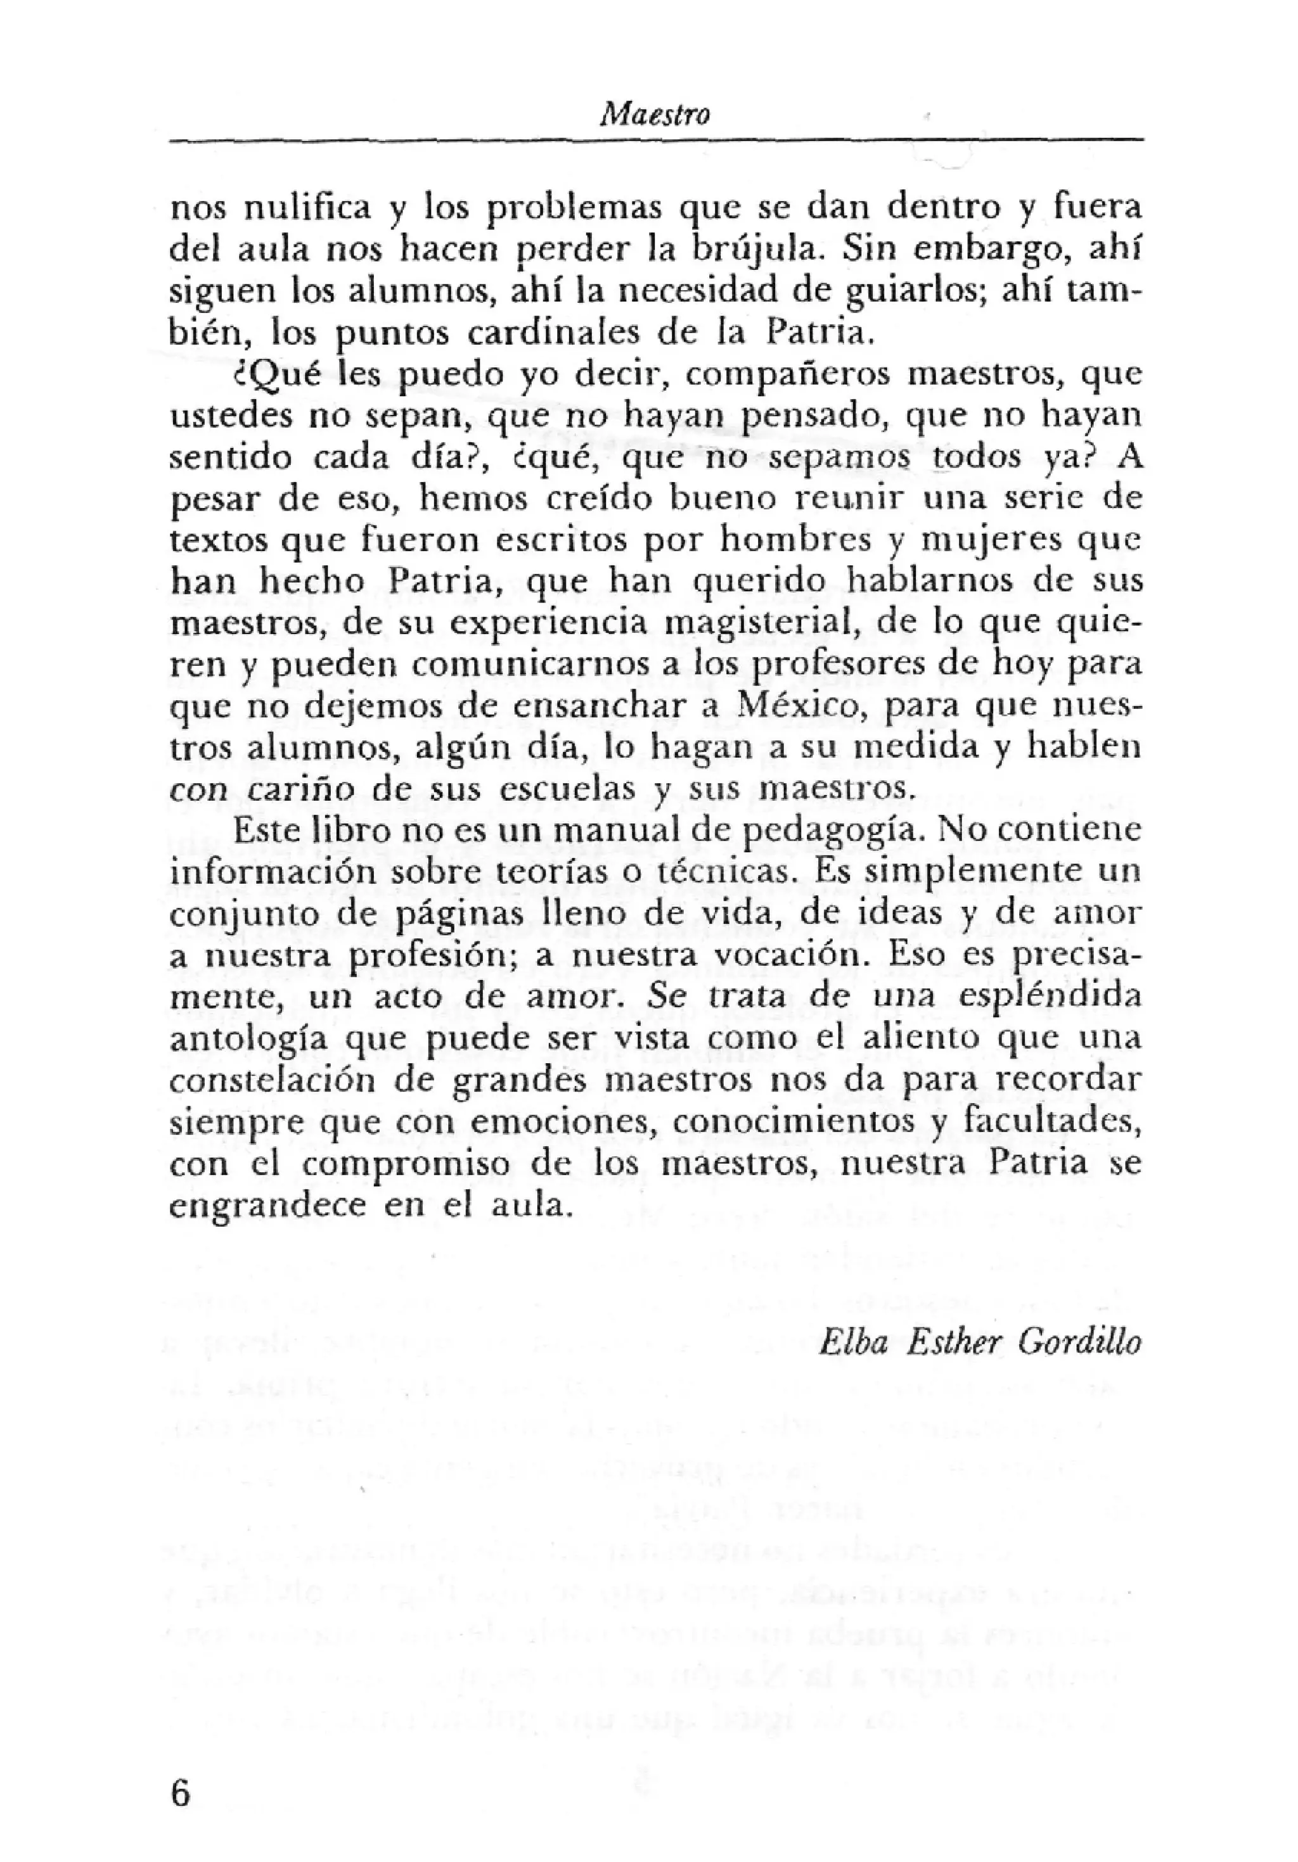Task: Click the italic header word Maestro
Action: coord(654,116)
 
